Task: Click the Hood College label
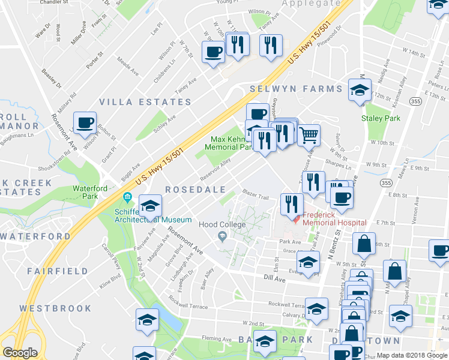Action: tap(222, 224)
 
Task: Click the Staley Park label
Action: tap(381, 118)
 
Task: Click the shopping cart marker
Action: tap(309, 136)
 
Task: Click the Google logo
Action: tap(20, 353)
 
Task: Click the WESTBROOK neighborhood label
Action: tap(55, 308)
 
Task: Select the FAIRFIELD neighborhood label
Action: tap(58, 271)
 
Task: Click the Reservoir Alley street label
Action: tap(217, 169)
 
